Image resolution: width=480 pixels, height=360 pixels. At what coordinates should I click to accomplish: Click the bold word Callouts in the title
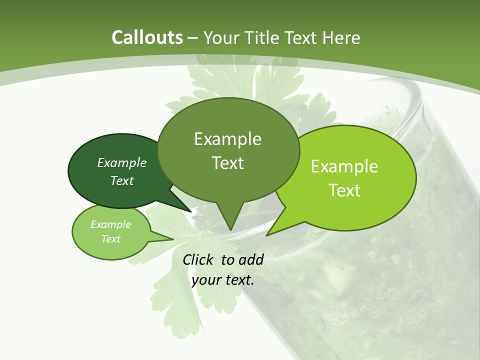click(x=147, y=37)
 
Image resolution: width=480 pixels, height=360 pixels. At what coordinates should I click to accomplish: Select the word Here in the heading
click(x=341, y=37)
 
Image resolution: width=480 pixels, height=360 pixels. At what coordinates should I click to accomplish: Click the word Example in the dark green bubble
click(x=122, y=162)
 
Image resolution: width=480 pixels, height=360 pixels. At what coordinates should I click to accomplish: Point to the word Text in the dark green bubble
click(x=122, y=180)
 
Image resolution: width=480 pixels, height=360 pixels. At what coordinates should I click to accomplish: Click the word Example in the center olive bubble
click(x=227, y=139)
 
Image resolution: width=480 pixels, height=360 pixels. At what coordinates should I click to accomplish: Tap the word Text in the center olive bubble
click(x=227, y=163)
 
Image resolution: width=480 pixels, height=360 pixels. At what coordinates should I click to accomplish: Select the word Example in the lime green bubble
click(x=344, y=166)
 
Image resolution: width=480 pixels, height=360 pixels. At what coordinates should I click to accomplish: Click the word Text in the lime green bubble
click(x=344, y=190)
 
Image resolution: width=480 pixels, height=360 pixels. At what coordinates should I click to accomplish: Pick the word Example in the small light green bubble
click(x=110, y=224)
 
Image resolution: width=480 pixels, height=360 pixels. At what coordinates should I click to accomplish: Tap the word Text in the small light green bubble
click(x=110, y=239)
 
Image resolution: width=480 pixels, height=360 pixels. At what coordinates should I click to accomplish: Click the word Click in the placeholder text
click(x=198, y=259)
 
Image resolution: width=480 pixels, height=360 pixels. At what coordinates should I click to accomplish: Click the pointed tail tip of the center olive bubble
click(x=230, y=230)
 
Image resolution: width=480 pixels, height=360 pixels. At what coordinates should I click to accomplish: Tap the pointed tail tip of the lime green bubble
click(x=266, y=235)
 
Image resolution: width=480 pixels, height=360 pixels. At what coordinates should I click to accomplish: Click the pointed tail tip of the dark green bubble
click(x=190, y=211)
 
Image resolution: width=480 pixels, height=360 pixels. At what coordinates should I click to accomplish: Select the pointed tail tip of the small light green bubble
click(x=174, y=239)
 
